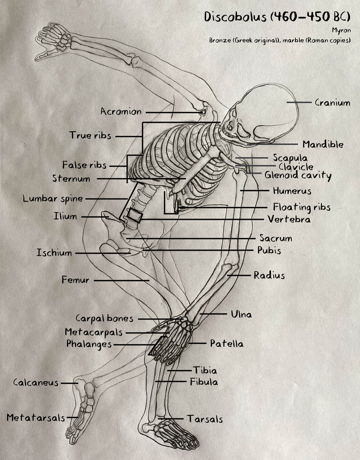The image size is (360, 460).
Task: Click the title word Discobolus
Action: [235, 16]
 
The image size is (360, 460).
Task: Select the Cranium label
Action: [332, 103]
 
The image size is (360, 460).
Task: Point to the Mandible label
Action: [323, 144]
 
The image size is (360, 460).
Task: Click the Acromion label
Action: [121, 112]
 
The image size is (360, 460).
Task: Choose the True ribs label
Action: [90, 136]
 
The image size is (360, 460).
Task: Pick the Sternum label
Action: [71, 179]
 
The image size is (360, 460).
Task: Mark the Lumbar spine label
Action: [53, 198]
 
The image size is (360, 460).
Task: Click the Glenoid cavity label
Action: [298, 176]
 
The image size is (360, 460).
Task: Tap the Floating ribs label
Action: [302, 207]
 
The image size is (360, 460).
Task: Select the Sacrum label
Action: [276, 238]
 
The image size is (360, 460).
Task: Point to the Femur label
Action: [75, 280]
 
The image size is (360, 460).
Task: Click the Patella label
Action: [226, 344]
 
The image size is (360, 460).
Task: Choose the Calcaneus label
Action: [36, 382]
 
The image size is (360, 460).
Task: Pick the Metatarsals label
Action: [35, 418]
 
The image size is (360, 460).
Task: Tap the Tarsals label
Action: [205, 419]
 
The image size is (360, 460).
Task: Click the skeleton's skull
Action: [256, 115]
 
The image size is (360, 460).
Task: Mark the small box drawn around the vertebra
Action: [134, 216]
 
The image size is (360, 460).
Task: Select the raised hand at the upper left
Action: [53, 41]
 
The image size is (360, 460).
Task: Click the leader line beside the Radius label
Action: [239, 276]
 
